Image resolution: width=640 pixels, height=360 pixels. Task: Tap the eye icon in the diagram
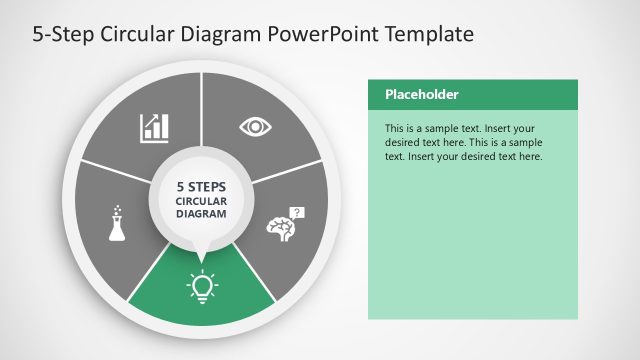click(255, 127)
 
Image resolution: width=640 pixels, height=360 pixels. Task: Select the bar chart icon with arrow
click(153, 127)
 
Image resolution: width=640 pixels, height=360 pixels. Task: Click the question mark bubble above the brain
click(296, 212)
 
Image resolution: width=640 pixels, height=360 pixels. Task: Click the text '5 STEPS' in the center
click(202, 186)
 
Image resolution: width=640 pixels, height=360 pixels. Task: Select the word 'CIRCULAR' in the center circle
click(202, 200)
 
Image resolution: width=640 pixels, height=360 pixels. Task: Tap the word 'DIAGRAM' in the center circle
click(202, 213)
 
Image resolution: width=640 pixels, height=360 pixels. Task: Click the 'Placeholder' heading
click(422, 95)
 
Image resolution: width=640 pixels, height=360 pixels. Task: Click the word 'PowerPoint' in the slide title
click(320, 35)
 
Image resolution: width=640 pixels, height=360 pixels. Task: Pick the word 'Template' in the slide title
click(424, 35)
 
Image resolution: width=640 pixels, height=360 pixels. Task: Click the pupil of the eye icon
click(255, 127)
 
